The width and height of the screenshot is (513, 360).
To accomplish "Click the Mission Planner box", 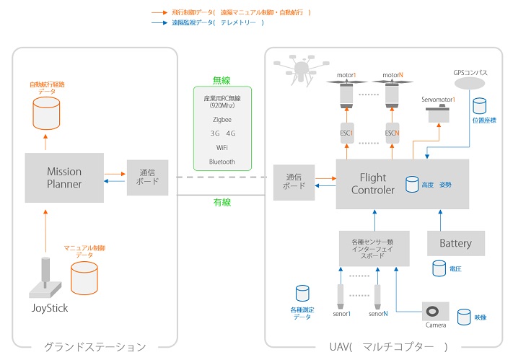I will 64,177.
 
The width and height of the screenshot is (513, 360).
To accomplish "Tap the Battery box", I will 455,243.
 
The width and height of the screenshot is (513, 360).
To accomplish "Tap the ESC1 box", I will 346,133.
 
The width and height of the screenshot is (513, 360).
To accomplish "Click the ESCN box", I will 392,133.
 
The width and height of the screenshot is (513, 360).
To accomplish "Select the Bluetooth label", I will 222,162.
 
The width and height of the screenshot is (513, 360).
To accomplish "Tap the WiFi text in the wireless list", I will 222,147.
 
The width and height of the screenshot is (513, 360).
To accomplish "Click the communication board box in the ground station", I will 147,177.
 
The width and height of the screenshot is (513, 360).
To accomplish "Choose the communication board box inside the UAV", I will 294,181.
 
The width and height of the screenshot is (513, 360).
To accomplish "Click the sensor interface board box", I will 374,247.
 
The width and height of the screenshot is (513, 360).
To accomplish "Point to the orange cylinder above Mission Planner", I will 46,113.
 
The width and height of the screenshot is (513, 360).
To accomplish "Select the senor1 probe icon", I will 339,295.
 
